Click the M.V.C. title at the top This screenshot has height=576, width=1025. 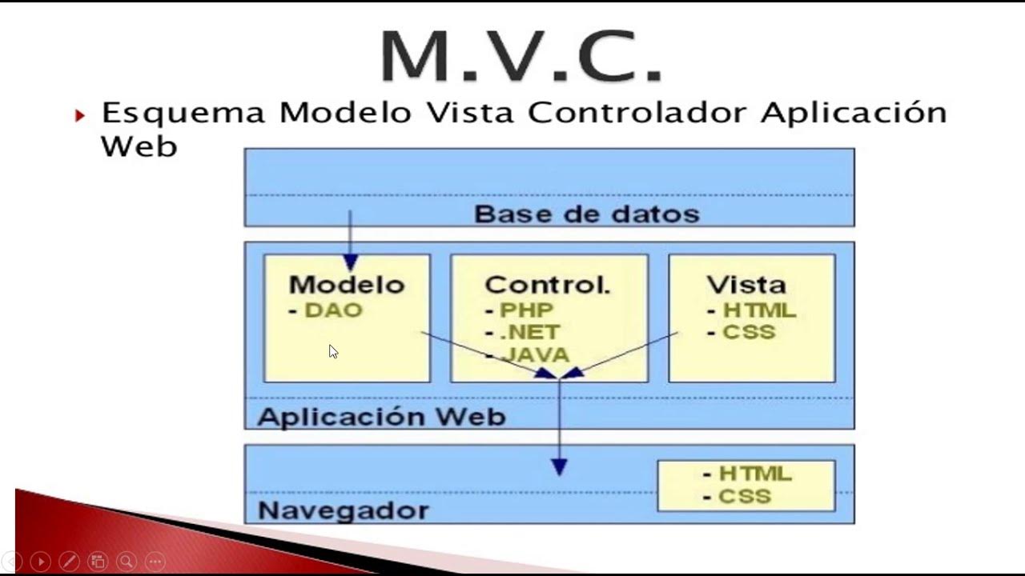[521, 56]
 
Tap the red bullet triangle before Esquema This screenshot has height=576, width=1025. [79, 116]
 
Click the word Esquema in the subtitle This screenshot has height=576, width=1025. [183, 114]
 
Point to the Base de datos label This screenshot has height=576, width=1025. [587, 214]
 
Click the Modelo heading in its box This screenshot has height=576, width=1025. [347, 285]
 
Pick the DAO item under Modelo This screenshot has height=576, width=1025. [334, 310]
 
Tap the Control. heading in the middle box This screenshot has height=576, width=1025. [548, 285]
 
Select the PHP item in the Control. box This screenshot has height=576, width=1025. [527, 310]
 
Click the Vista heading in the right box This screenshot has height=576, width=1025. [746, 285]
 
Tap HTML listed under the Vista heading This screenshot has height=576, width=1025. [759, 310]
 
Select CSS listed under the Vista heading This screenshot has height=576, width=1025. [749, 331]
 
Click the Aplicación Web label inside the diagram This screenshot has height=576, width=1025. [381, 417]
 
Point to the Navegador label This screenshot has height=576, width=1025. [344, 510]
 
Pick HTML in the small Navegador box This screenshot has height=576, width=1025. [755, 474]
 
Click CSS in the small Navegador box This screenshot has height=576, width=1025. [745, 496]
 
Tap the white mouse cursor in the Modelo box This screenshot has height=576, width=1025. [333, 351]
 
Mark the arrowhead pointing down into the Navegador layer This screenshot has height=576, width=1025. [559, 467]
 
